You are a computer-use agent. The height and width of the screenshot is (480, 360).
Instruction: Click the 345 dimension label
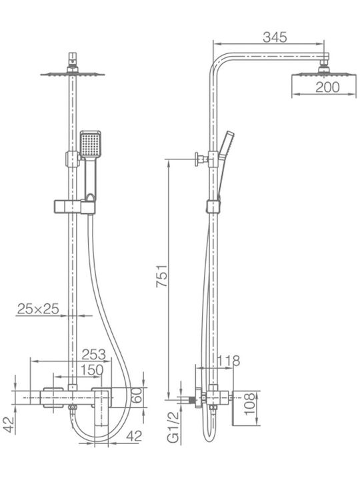click(x=275, y=37)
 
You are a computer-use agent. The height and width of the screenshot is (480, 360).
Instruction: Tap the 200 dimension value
click(x=327, y=87)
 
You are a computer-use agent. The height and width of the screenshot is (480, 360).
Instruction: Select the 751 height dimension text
click(x=162, y=275)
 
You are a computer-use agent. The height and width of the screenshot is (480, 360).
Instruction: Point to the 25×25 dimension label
click(x=38, y=309)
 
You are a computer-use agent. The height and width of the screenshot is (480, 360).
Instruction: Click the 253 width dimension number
click(x=94, y=355)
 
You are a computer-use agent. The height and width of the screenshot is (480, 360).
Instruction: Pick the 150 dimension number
click(x=92, y=370)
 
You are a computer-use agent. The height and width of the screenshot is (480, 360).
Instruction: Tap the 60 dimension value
click(x=137, y=395)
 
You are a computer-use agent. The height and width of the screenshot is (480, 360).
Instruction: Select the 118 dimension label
click(x=229, y=361)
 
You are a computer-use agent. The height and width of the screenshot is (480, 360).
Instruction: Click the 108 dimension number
click(x=249, y=404)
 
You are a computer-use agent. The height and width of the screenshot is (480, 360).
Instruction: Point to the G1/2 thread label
click(x=173, y=427)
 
